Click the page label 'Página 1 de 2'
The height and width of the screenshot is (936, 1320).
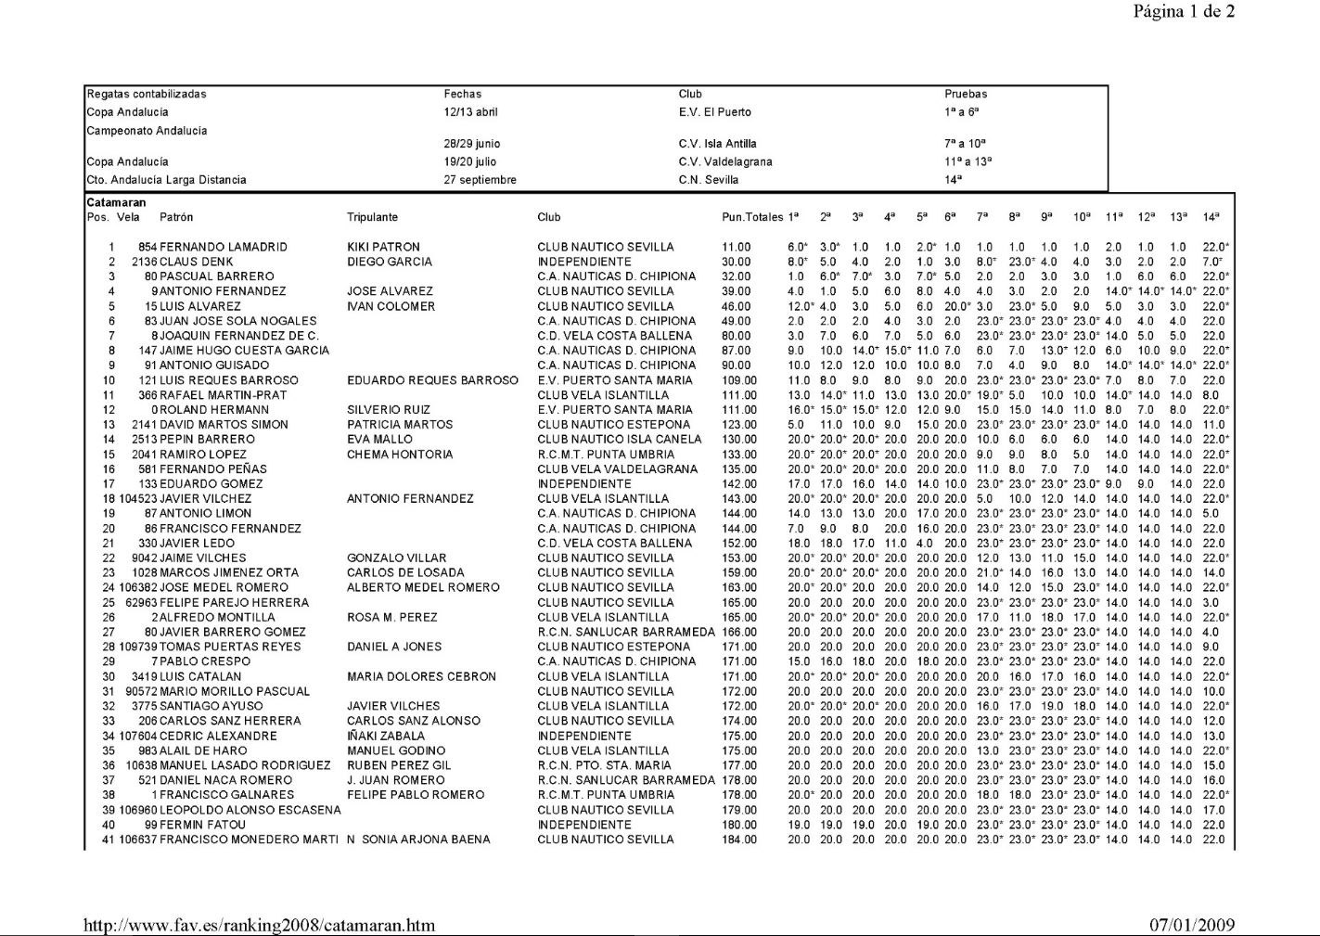tap(1184, 12)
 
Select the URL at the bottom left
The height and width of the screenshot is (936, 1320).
tap(259, 925)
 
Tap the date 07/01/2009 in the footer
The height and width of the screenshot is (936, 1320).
tap(1192, 925)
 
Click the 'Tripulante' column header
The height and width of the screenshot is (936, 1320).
tap(372, 217)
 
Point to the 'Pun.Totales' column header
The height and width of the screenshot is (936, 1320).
tap(752, 217)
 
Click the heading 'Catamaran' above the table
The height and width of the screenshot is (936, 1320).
tap(116, 202)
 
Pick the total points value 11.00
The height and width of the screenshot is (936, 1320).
tap(737, 247)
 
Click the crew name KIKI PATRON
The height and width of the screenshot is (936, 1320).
tap(383, 247)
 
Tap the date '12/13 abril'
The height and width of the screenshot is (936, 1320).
tap(470, 112)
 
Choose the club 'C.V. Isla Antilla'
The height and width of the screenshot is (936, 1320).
tap(717, 144)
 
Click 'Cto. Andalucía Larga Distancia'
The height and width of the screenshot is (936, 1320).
tap(166, 180)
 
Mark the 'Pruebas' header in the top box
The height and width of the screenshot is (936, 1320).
tap(966, 94)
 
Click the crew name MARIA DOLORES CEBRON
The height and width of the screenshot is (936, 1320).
tap(421, 676)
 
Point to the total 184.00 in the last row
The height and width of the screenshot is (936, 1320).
tap(739, 840)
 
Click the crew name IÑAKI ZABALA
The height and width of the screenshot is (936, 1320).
tap(386, 736)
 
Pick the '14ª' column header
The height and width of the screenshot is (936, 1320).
tap(1211, 217)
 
